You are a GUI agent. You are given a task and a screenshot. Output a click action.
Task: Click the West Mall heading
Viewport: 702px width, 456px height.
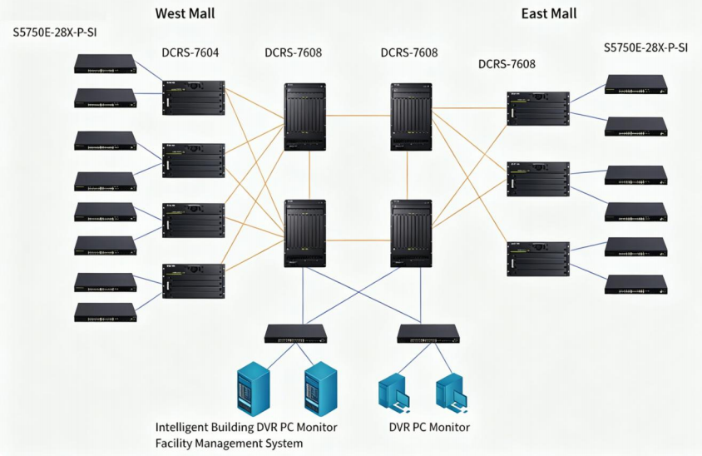point(185,13)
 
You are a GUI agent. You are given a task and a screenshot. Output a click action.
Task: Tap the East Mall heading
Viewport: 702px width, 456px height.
point(549,13)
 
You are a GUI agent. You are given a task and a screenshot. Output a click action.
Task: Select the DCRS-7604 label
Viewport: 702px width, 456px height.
point(190,53)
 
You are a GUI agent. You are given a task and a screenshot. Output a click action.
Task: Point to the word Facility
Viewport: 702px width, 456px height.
point(173,444)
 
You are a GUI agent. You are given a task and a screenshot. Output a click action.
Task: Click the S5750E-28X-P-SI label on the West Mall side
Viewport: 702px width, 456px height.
point(55,32)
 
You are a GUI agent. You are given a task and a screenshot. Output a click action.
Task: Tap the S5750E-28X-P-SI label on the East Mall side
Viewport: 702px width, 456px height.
point(645,48)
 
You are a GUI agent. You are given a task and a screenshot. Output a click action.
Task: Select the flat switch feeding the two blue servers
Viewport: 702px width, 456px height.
point(295,334)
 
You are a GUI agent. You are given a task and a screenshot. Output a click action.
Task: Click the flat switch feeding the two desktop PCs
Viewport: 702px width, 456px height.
point(428,334)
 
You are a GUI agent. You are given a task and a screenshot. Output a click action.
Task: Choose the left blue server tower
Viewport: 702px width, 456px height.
point(254,389)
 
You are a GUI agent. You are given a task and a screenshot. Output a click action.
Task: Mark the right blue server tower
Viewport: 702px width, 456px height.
point(320,389)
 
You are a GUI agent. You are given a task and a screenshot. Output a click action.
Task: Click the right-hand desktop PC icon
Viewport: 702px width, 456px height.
point(452,393)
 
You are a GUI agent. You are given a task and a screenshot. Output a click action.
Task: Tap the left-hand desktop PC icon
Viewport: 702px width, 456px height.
point(394,393)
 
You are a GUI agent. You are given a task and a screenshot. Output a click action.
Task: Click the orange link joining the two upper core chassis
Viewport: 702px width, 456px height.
point(358,116)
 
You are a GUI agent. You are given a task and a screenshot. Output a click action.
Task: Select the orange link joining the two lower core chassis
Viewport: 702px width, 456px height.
point(358,240)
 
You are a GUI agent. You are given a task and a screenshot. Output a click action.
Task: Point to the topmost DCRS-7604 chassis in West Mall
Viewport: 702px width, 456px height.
point(194,97)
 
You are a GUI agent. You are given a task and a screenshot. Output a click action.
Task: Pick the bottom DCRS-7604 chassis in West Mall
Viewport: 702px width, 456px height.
point(194,281)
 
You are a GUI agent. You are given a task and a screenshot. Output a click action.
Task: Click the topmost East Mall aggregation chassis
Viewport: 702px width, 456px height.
point(538,109)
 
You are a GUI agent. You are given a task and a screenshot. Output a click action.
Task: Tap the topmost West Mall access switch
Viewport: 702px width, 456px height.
point(105,63)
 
